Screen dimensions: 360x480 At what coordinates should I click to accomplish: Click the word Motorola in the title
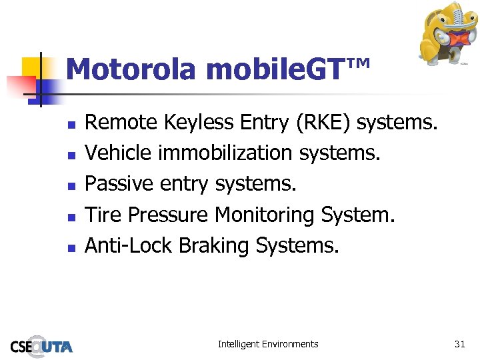point(133,69)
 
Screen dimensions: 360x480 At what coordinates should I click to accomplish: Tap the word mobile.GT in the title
point(275,69)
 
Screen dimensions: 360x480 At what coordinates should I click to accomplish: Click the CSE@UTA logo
point(41,345)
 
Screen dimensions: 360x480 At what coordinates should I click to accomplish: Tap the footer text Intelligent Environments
point(268,344)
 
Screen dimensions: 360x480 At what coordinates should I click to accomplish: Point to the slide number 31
point(459,344)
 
